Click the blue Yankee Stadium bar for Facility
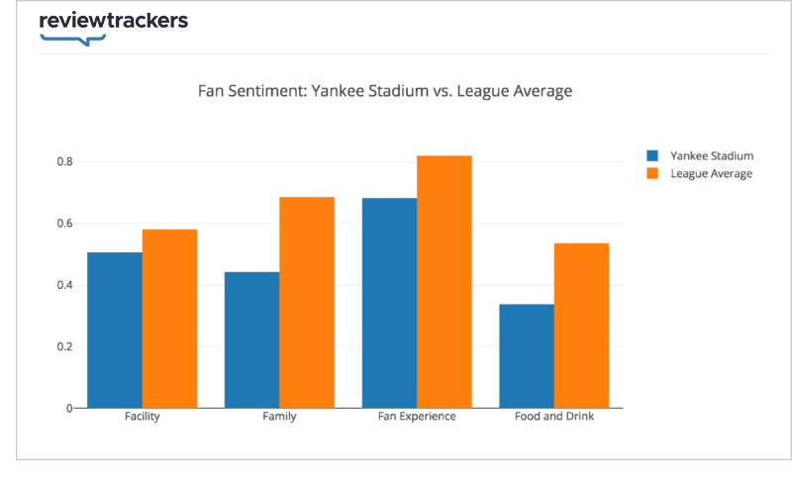coord(115,330)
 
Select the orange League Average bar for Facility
coord(169,319)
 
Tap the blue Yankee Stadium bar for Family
coord(251,339)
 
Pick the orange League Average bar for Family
coord(307,302)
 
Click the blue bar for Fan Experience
coord(389,303)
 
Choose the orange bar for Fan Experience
coord(445,281)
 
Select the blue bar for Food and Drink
coord(527,355)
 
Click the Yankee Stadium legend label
coord(711,156)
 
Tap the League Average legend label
coord(711,173)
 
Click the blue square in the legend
coord(652,156)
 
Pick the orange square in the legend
coord(652,173)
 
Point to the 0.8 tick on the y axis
coord(65,161)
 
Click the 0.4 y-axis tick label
coord(65,285)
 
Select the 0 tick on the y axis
coord(69,408)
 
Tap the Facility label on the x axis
coord(143,417)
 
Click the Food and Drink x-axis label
coord(554,417)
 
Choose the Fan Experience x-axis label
coord(417,417)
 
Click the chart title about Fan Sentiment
coord(385,91)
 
